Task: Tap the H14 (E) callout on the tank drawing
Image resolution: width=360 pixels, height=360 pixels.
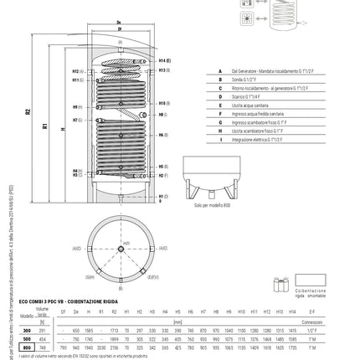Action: click(163, 61)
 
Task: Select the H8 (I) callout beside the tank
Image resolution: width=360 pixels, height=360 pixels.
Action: click(163, 121)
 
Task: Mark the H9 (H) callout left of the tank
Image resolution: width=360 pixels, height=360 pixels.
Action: click(78, 106)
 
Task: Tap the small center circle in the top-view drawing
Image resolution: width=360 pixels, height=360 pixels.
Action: click(121, 249)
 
